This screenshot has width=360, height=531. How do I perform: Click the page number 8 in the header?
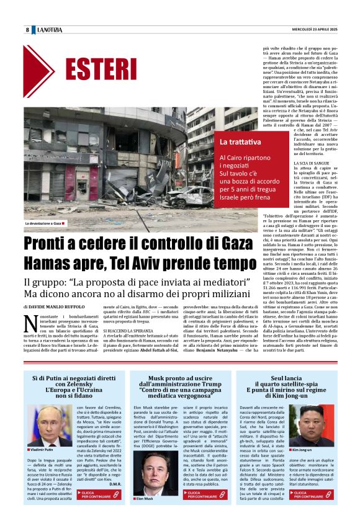coord(27,30)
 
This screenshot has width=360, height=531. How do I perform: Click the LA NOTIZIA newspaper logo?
coord(50,30)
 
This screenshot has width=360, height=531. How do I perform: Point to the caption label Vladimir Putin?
coord(44,449)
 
